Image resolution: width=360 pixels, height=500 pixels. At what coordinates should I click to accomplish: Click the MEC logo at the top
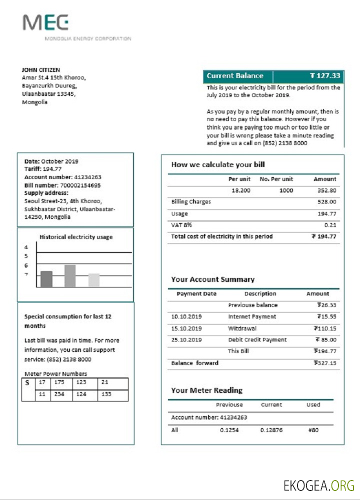[x=45, y=23]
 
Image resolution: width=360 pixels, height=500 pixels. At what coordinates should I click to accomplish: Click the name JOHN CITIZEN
[x=41, y=69]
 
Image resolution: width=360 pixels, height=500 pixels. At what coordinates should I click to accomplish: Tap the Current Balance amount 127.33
[x=325, y=76]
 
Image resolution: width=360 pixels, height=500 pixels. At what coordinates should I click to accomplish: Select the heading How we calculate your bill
[x=218, y=164]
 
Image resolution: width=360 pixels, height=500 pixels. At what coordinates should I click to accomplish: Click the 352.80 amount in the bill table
[x=326, y=190]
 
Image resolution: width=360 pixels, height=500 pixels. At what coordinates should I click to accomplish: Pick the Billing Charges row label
[x=191, y=202]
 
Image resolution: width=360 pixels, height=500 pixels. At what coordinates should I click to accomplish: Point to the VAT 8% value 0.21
[x=330, y=225]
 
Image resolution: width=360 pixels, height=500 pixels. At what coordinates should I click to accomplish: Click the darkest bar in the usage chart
[x=46, y=279]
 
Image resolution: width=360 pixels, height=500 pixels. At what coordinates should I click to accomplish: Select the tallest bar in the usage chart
[x=70, y=276]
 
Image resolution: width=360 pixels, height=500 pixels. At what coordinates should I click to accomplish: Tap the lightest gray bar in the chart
[x=93, y=280]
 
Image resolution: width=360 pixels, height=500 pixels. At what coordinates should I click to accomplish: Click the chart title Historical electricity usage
[x=76, y=237]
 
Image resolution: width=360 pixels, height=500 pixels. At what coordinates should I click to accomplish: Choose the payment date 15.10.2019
[x=186, y=328]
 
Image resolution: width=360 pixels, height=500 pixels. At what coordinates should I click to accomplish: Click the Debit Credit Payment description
[x=257, y=340]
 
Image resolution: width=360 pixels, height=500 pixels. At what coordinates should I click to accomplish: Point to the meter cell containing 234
[x=59, y=394]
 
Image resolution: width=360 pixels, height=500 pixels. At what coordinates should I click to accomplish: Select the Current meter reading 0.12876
[x=272, y=429]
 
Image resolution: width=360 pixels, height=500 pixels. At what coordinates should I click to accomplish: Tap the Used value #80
[x=313, y=429]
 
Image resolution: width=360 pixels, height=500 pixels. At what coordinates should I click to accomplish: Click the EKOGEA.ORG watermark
[x=319, y=485]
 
